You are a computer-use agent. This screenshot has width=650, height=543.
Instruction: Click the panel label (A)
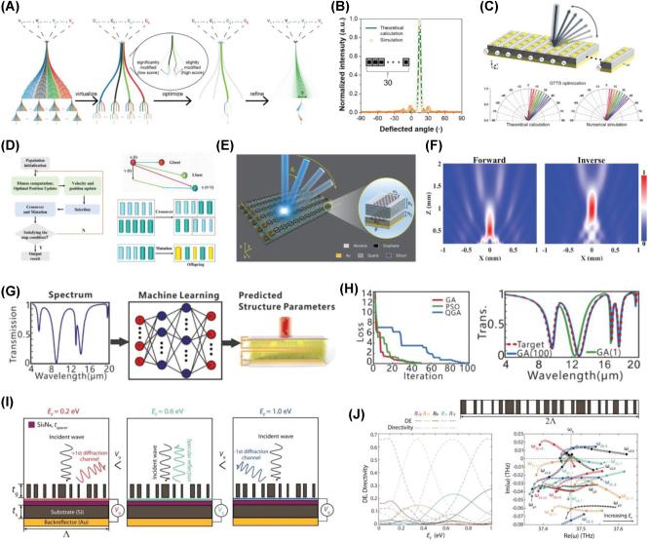[x=13, y=9]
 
